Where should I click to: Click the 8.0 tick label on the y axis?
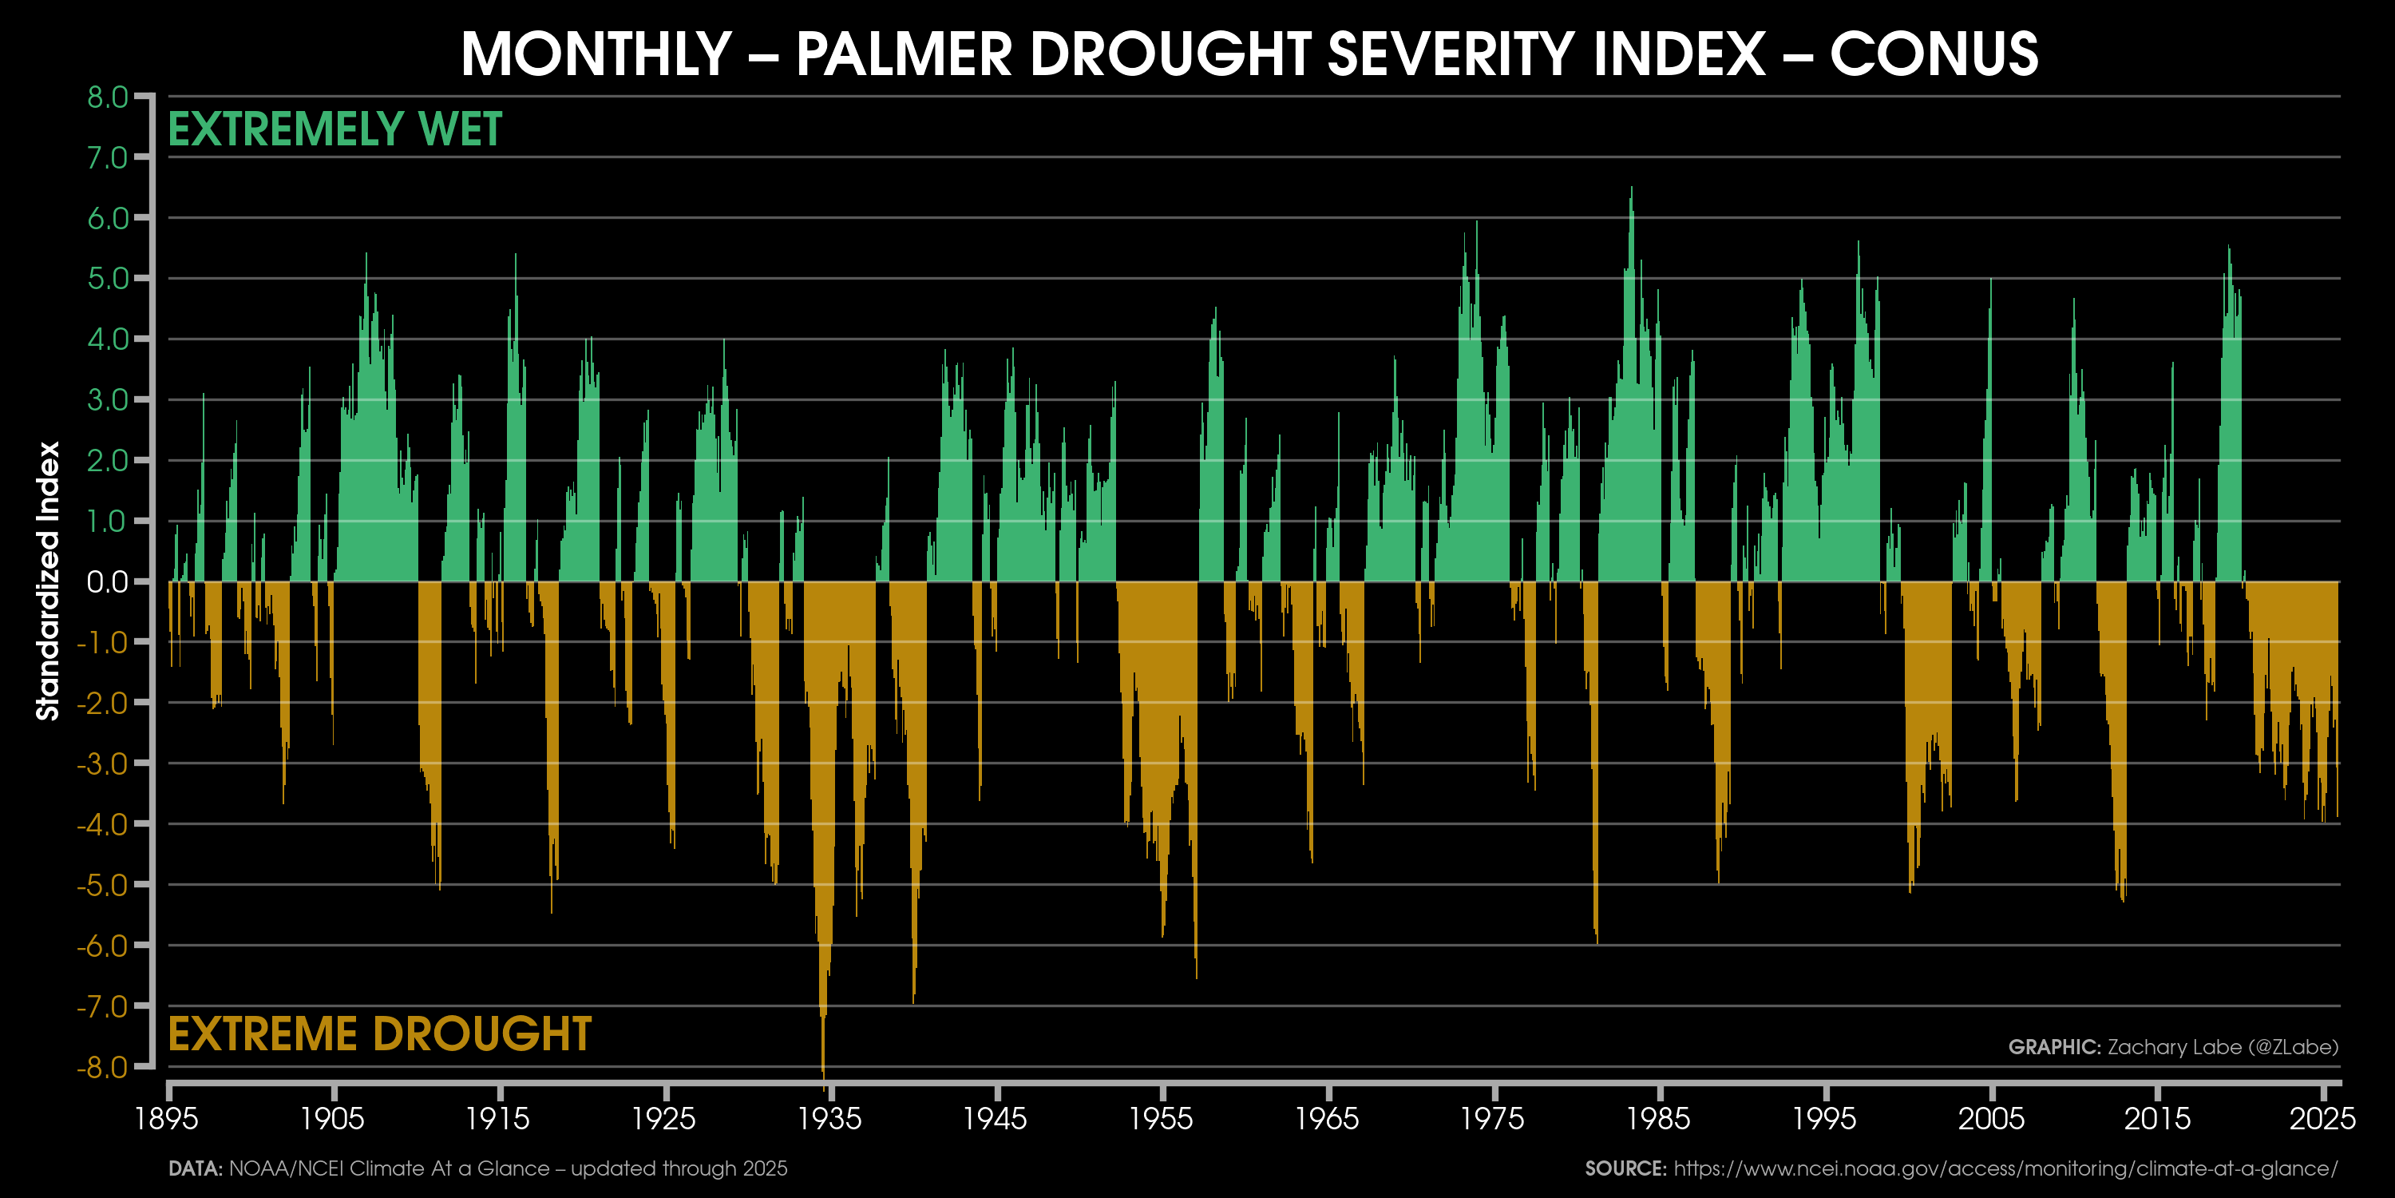(107, 97)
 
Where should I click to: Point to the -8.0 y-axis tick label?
(102, 1067)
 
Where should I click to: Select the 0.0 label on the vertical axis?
(107, 582)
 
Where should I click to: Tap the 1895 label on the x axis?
(166, 1118)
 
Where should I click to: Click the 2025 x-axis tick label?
(2322, 1118)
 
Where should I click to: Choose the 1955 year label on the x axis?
(1162, 1118)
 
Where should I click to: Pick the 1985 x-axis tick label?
(1659, 1118)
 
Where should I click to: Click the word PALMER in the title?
(904, 54)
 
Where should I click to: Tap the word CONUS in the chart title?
(1934, 54)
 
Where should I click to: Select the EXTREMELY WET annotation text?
(335, 129)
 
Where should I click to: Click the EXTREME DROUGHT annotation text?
(379, 1034)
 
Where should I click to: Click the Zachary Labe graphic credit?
(2173, 1047)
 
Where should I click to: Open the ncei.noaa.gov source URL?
(2005, 1168)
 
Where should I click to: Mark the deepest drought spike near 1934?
(824, 1069)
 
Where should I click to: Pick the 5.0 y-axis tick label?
(107, 279)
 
